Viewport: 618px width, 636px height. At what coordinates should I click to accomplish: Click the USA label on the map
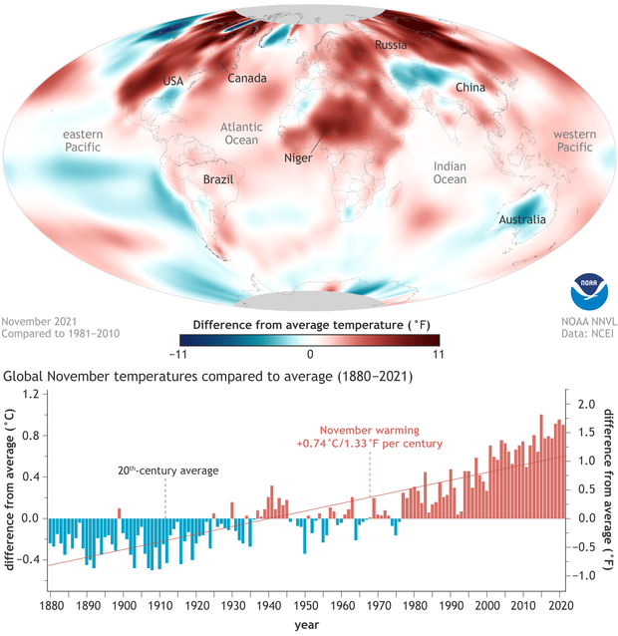173,81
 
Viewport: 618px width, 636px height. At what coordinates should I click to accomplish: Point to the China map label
470,88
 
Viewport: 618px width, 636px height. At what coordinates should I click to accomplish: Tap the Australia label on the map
522,219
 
